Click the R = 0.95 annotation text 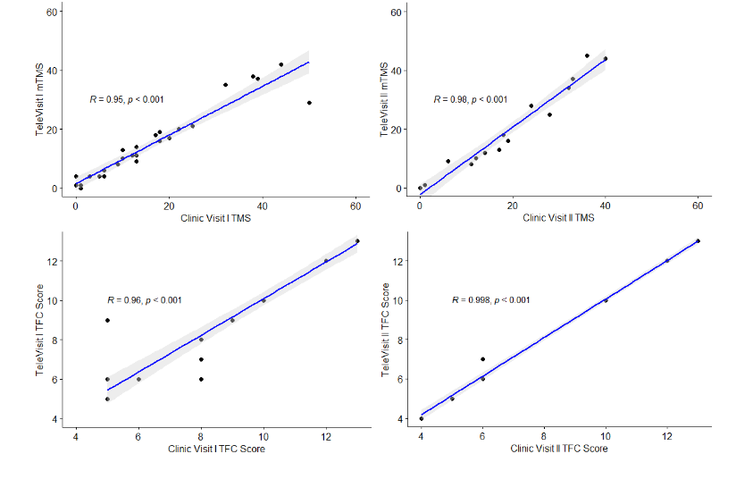[x=126, y=99]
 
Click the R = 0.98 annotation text [x=470, y=99]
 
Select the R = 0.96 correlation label [x=144, y=299]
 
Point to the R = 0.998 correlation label [x=490, y=299]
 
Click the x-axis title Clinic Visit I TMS [x=216, y=218]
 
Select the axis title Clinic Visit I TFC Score [x=216, y=448]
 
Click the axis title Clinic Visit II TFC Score [x=559, y=448]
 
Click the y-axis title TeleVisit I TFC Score [x=40, y=329]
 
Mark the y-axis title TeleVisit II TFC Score [x=385, y=329]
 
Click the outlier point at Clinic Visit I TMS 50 [x=309, y=103]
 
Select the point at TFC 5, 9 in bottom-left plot [x=107, y=320]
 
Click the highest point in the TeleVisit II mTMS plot [x=587, y=55]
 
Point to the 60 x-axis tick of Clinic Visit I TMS [x=355, y=206]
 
